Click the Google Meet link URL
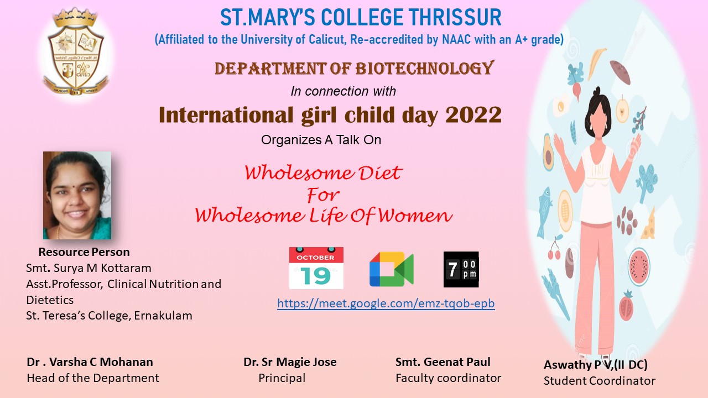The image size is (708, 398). point(386,303)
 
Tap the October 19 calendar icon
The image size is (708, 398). point(316,268)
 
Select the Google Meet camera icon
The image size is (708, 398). point(391,269)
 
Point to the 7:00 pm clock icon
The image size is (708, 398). point(461,269)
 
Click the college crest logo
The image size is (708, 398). point(76,52)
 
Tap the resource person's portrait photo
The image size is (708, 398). point(77,195)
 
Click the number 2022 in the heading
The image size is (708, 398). point(473,114)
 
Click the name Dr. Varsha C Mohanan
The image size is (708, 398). point(90,362)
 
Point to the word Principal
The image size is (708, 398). point(282,378)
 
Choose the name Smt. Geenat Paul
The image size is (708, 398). point(443,362)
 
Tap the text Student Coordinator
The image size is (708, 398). point(599,381)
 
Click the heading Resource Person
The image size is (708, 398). point(84,252)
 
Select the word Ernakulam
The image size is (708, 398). point(163,316)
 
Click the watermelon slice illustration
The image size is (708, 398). point(639,267)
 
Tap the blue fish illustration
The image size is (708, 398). point(544,212)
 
